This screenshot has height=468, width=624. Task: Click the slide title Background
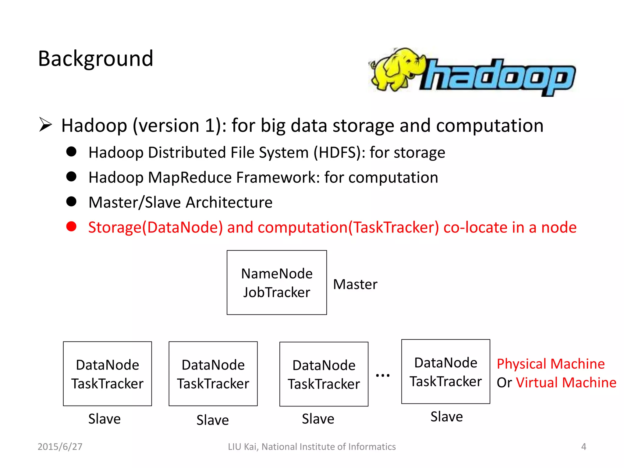(x=95, y=58)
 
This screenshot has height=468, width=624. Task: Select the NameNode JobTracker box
(x=277, y=282)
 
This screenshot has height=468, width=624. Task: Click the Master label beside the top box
(x=355, y=284)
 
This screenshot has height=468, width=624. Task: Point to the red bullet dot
(x=71, y=226)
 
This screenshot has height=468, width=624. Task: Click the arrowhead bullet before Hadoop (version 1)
(x=46, y=125)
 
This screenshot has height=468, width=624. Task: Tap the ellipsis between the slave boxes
(x=383, y=375)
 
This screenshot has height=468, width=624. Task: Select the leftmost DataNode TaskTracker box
(x=107, y=374)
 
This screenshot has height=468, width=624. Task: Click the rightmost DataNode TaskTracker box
(x=445, y=371)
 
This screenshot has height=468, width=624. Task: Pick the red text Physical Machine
(x=551, y=364)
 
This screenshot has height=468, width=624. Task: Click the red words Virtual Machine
(x=566, y=382)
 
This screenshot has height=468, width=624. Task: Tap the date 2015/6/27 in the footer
(x=60, y=446)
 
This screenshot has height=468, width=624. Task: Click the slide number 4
(x=583, y=446)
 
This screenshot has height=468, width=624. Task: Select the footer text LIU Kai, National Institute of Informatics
(x=312, y=446)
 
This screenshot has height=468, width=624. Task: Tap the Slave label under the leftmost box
(x=105, y=419)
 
